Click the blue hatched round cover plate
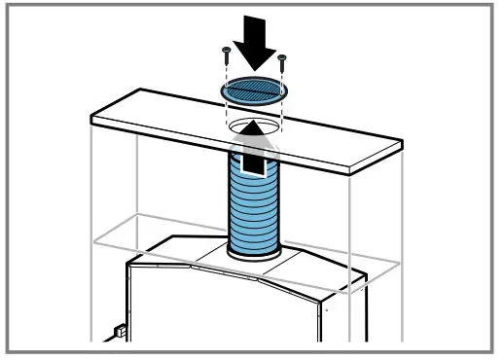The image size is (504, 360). (x=254, y=90)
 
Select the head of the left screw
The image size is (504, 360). (x=227, y=49)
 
